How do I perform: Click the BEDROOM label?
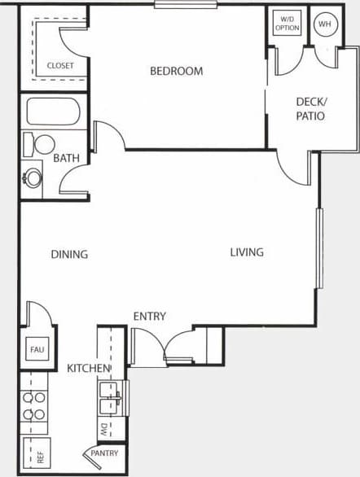[x=176, y=71]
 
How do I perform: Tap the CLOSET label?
[x=59, y=65]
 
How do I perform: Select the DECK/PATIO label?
[x=310, y=108]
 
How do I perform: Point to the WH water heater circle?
[x=326, y=24]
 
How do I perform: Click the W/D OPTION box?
[x=286, y=23]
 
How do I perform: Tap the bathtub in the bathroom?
[x=52, y=111]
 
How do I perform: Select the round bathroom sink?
[x=32, y=176]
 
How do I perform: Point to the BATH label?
[x=66, y=159]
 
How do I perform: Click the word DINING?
[x=69, y=254]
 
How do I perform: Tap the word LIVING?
[x=246, y=252]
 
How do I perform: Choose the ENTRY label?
[x=150, y=317]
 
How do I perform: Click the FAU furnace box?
[x=37, y=350]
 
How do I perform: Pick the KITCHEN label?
[x=88, y=369]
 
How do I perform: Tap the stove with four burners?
[x=33, y=406]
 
